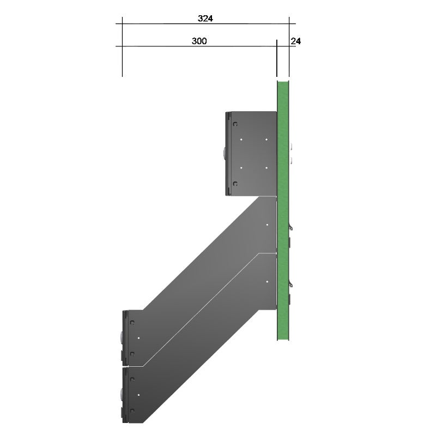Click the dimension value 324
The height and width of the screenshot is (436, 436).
click(205, 19)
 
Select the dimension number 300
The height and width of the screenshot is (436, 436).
click(199, 41)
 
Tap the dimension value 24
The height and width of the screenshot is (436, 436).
click(295, 41)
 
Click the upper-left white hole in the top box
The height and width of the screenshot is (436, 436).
click(241, 140)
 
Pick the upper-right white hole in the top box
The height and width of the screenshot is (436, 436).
click(267, 140)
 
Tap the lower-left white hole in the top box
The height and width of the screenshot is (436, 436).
click(241, 168)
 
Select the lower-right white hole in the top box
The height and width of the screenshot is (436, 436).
click(267, 168)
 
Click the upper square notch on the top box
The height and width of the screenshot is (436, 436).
click(235, 124)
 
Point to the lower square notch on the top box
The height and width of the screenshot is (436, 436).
click(235, 184)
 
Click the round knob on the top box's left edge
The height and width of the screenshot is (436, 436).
click(225, 154)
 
